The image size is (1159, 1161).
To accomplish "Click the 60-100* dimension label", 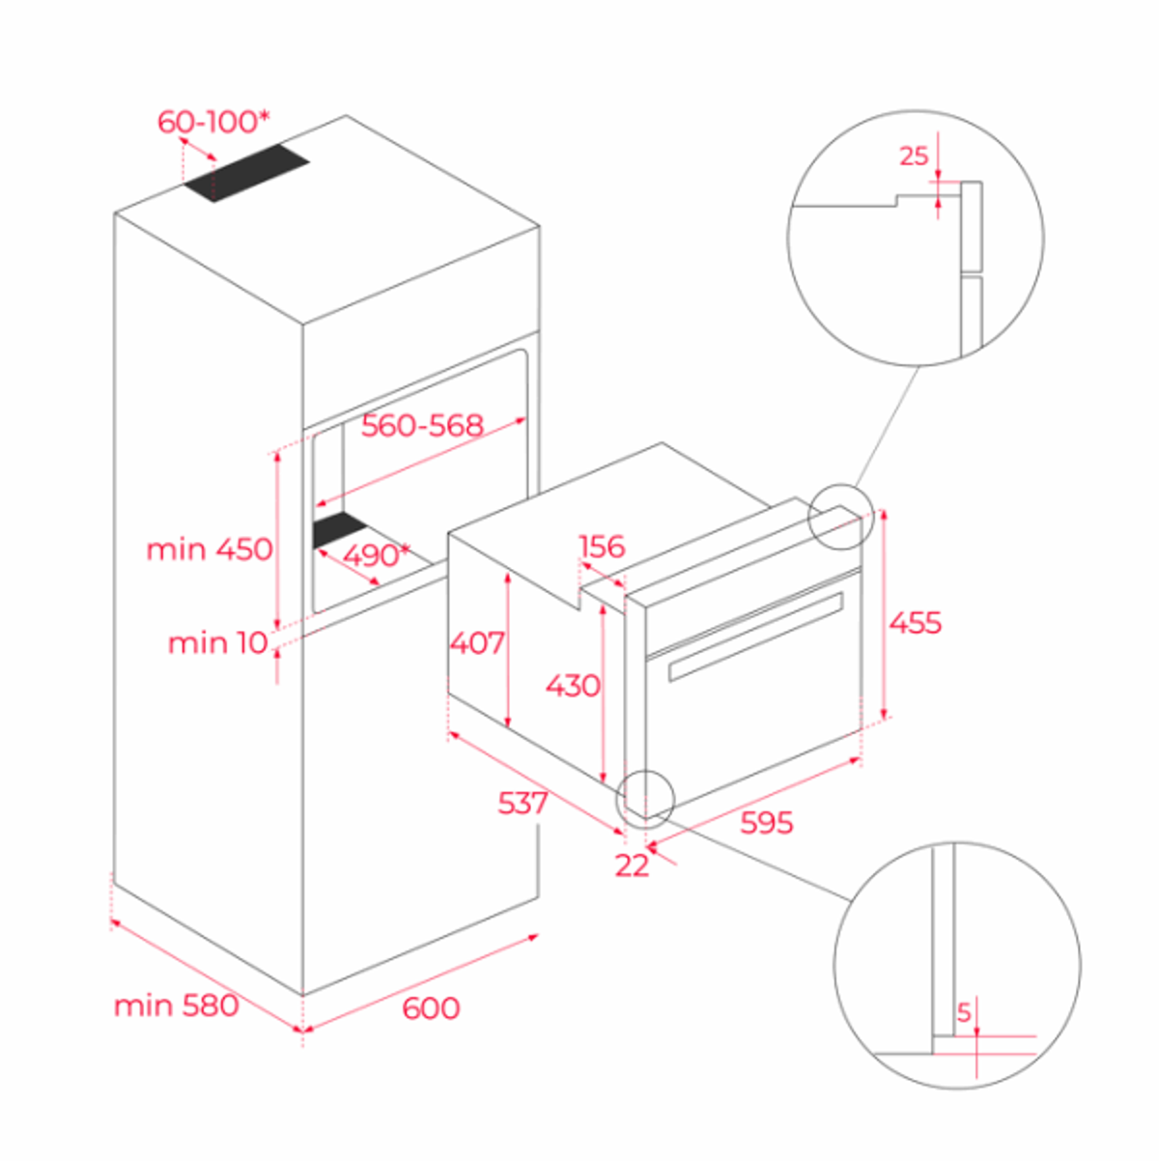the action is [x=213, y=123].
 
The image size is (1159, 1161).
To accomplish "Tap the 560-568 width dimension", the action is [x=422, y=426].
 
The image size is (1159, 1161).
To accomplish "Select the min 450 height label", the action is [x=210, y=550].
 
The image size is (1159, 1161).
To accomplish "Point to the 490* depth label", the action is [x=376, y=555].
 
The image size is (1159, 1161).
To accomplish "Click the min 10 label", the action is [x=217, y=643].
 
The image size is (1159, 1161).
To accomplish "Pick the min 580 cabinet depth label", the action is [x=176, y=1005].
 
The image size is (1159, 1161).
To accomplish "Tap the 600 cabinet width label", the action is [x=431, y=1008].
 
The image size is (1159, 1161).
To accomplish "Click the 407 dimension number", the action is [x=477, y=643].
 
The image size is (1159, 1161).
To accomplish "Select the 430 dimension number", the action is [x=573, y=686].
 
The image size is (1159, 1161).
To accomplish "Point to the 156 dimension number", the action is [x=602, y=547].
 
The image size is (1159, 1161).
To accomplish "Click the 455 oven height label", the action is [x=916, y=622].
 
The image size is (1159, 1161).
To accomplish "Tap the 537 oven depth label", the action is [x=523, y=803].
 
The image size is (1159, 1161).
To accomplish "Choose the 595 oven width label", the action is [x=767, y=822].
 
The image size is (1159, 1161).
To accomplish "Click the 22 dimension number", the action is [x=632, y=865].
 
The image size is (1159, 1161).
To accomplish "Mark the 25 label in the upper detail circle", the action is [x=914, y=156].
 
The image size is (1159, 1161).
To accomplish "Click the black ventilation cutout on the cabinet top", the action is [x=246, y=173].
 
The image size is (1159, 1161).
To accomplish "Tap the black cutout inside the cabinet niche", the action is [x=339, y=529].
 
